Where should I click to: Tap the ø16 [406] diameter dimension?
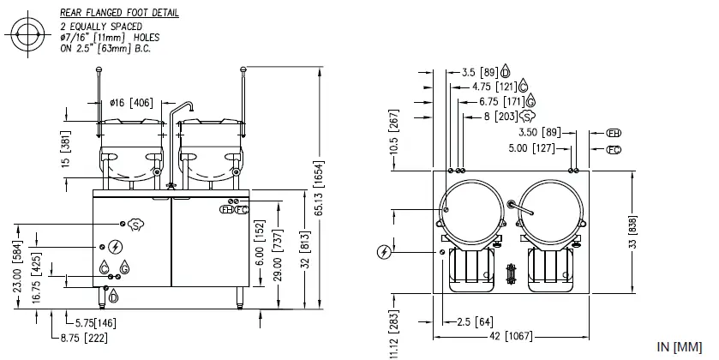[133, 103]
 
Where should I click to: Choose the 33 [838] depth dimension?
[632, 231]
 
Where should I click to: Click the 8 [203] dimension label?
[500, 115]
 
